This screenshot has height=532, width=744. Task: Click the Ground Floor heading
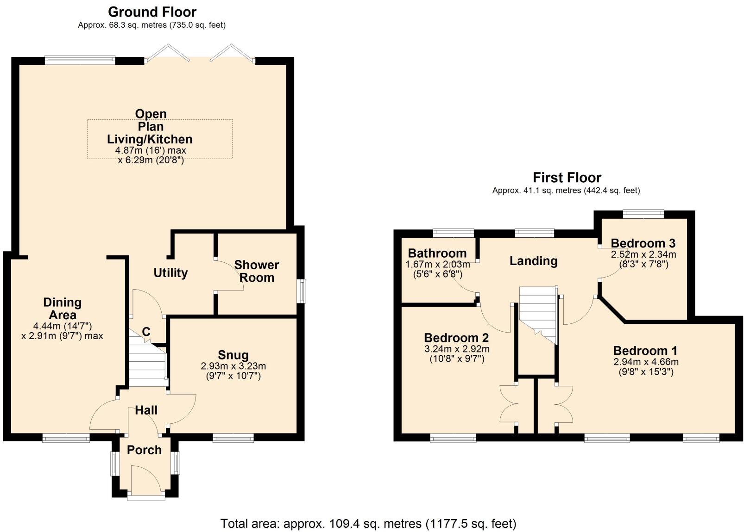click(x=152, y=12)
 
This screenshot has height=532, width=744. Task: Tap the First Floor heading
click(x=567, y=178)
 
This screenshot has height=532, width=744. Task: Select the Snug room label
click(x=233, y=355)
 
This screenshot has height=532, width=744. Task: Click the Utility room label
click(x=170, y=272)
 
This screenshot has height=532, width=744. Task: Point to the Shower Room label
click(x=257, y=271)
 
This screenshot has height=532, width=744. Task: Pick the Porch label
click(x=144, y=450)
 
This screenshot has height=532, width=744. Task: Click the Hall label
click(x=146, y=410)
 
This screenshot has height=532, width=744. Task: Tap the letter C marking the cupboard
click(x=146, y=331)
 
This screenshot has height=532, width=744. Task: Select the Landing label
click(x=533, y=261)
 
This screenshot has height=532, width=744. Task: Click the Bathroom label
click(x=437, y=253)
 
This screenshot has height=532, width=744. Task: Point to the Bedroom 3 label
click(x=643, y=243)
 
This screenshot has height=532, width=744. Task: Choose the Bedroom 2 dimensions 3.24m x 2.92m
click(x=457, y=349)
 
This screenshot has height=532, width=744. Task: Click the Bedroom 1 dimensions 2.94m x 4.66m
click(x=646, y=362)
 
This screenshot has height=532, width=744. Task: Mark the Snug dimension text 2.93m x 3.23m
click(x=233, y=366)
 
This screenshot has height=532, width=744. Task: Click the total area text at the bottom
click(x=368, y=524)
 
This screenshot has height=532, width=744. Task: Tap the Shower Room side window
click(x=301, y=291)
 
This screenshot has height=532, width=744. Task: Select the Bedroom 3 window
click(x=643, y=214)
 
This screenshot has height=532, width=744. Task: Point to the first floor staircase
click(x=538, y=315)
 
